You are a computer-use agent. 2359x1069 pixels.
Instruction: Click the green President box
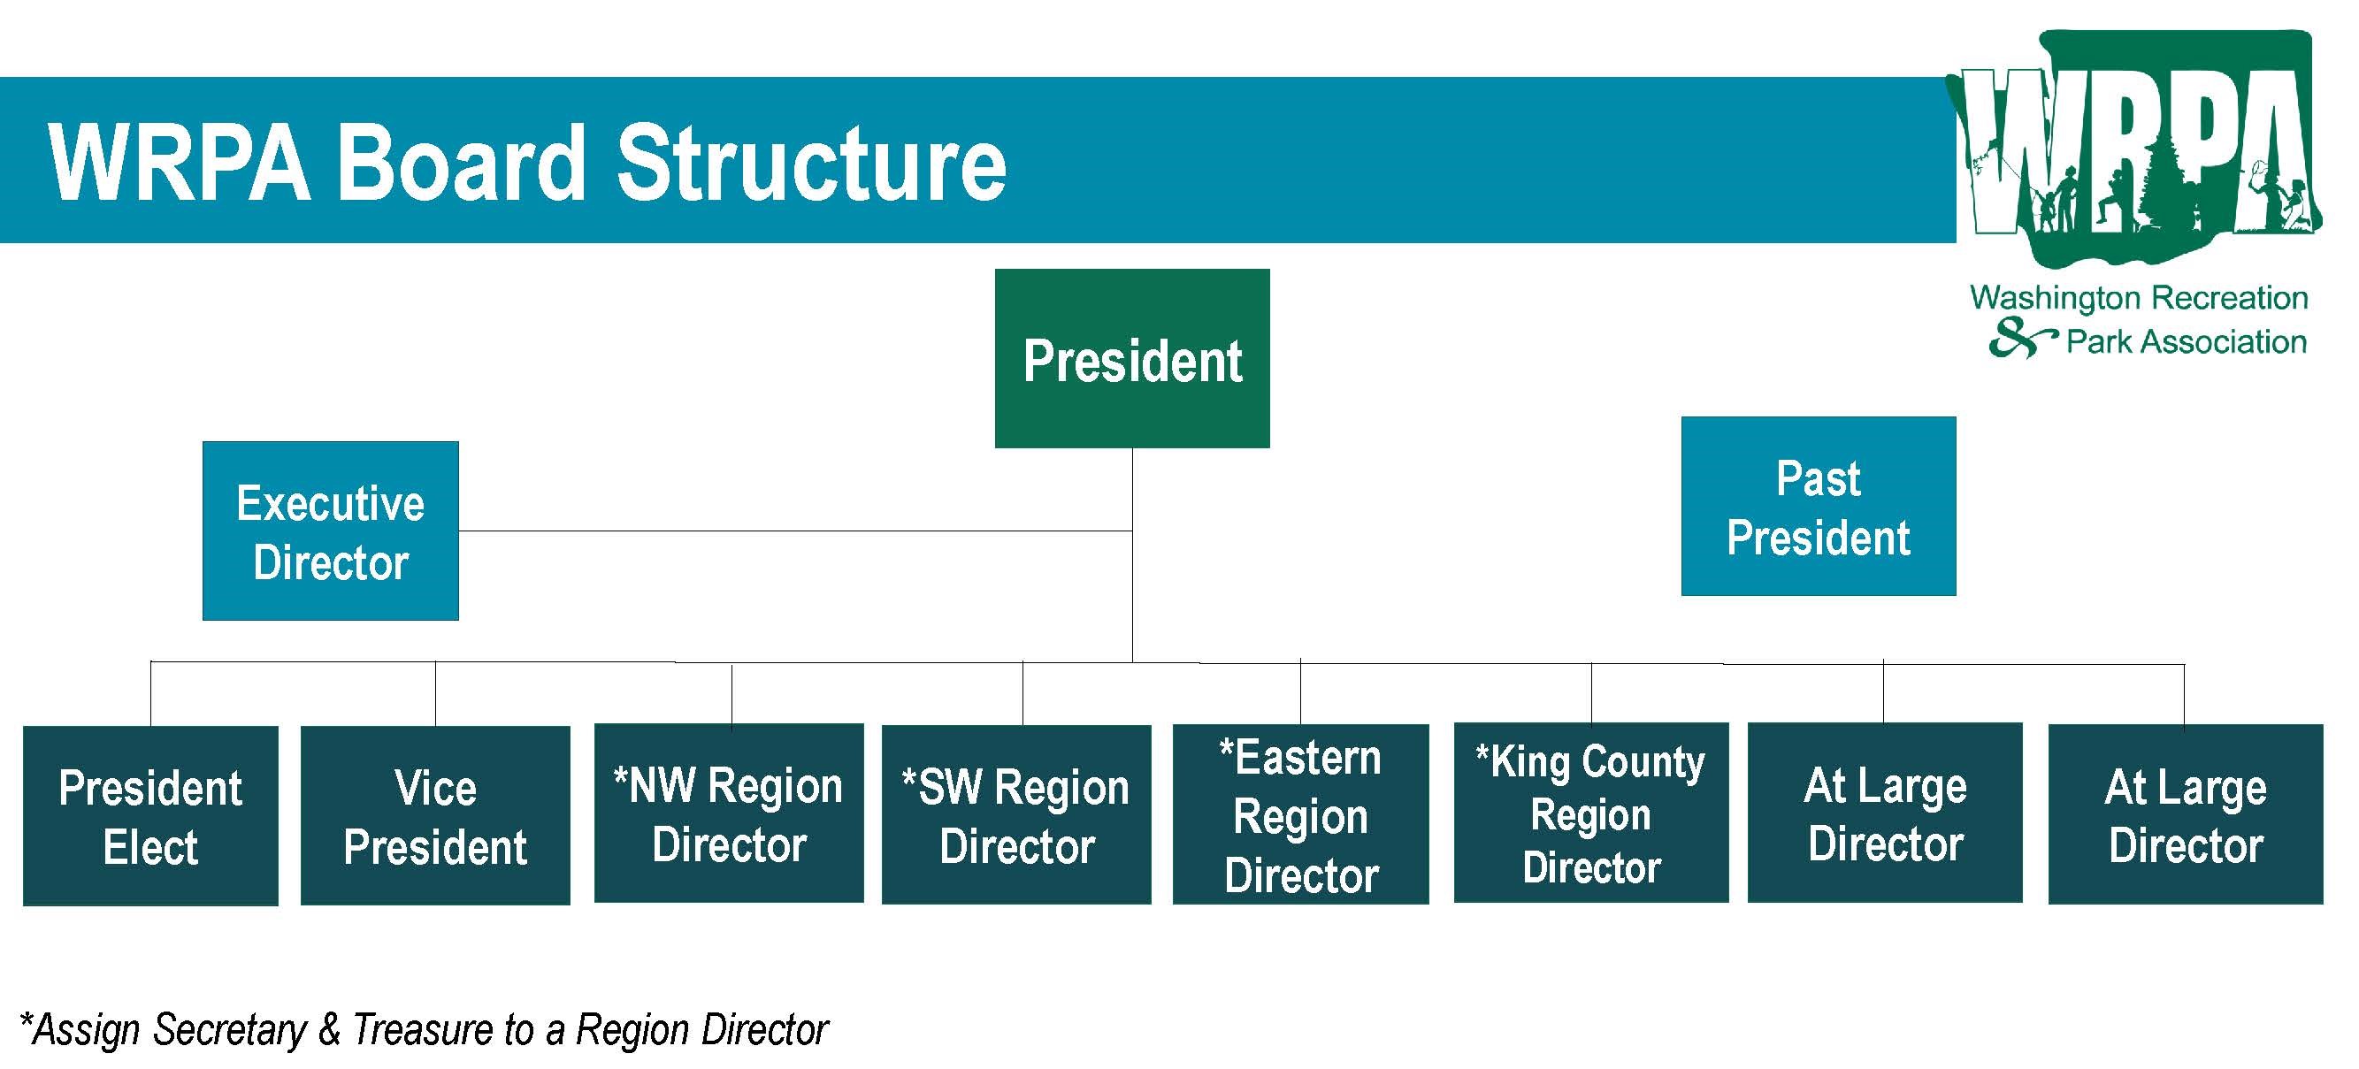coord(1132,358)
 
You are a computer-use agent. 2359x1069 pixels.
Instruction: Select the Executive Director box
coord(331,531)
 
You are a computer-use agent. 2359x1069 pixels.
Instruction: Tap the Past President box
coord(1818,506)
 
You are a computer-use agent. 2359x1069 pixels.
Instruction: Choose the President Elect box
coord(150,815)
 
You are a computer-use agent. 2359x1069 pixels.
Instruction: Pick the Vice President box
coord(435,815)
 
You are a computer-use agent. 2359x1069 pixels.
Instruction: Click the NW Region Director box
coord(729,813)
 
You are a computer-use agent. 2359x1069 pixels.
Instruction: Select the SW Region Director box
coord(1016,814)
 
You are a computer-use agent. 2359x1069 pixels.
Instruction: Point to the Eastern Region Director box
coord(1300,814)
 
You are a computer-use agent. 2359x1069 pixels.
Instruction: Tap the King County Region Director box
coord(1590,813)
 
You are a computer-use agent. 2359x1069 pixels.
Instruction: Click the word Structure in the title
coord(811,163)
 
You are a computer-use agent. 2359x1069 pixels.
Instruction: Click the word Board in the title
coord(462,163)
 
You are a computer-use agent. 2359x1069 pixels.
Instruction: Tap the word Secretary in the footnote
coord(230,1029)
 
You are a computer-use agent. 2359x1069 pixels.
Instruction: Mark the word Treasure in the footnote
coord(423,1028)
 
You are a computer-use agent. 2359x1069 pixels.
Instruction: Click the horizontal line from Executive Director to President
coord(795,531)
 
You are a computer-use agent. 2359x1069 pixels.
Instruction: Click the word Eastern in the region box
coord(1307,758)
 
